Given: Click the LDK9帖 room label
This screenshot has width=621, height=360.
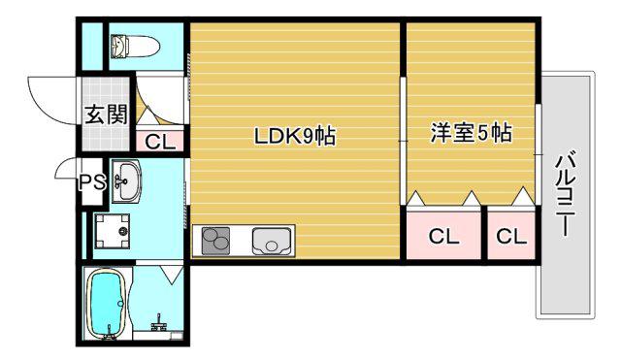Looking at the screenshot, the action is coord(295,136).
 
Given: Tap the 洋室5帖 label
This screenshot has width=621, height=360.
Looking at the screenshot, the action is coord(472,133).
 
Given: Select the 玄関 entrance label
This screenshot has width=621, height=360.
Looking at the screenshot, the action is coord(106,115).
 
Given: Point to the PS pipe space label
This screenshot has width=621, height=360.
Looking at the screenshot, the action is coord(92,182).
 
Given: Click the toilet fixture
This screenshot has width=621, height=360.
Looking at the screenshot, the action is coord(135,46).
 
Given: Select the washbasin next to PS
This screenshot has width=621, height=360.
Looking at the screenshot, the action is coord(126,180).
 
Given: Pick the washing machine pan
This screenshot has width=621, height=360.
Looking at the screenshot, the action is coord(113,231).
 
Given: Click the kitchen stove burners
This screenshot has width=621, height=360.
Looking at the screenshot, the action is coord(215,241).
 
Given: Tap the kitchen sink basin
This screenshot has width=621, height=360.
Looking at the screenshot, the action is coord(272,242).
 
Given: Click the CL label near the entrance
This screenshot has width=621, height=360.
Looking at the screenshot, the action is coord(159,142).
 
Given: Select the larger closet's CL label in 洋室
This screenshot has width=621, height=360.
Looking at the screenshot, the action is coord(443,237).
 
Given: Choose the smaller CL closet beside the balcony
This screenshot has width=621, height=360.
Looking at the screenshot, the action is coord(511,236).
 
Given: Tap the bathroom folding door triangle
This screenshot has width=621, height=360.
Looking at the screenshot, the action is coord(172,274).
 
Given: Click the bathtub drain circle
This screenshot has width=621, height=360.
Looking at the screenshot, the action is coord(120,304).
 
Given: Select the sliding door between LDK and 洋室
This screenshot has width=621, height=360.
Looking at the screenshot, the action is coord(403,141).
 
